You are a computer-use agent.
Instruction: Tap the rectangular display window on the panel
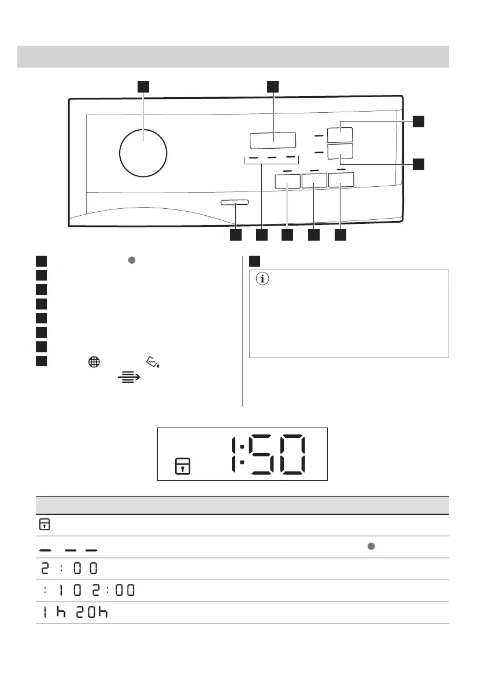click(x=273, y=141)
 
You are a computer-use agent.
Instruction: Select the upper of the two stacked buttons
click(x=339, y=135)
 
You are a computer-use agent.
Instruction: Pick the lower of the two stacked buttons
click(x=339, y=152)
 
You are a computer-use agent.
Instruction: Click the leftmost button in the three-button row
click(x=287, y=181)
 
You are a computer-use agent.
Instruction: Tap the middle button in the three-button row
click(x=314, y=181)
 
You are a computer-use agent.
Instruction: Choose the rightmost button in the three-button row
click(x=340, y=181)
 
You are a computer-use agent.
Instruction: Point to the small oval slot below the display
click(x=235, y=202)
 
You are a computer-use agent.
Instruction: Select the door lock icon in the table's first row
click(x=44, y=524)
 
